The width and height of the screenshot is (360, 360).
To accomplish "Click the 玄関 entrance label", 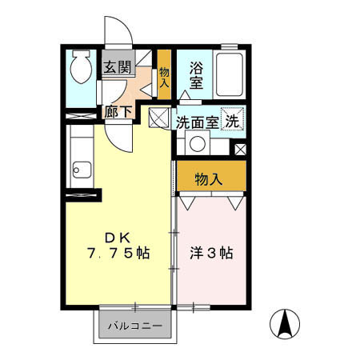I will pyautogui.click(x=115, y=68).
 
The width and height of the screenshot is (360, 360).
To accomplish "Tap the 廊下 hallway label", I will pyautogui.click(x=118, y=113).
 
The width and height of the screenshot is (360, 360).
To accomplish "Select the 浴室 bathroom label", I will pyautogui.click(x=195, y=76).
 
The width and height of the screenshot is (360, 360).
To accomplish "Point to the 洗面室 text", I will pyautogui.click(x=197, y=122).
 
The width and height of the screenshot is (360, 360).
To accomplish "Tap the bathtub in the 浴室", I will pyautogui.click(x=230, y=74).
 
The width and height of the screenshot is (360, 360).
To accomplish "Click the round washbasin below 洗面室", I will pyautogui.click(x=196, y=145).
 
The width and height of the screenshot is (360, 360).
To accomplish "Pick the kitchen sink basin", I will pyautogui.click(x=80, y=170).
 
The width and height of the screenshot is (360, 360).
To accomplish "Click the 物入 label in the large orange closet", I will pyautogui.click(x=210, y=179).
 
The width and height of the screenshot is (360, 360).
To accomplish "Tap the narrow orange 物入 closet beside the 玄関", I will pyautogui.click(x=164, y=76).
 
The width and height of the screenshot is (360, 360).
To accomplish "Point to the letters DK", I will pyautogui.click(x=118, y=238).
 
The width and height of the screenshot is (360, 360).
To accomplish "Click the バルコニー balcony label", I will pyautogui.click(x=135, y=326).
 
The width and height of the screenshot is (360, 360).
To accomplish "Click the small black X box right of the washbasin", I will pyautogui.click(x=239, y=149).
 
